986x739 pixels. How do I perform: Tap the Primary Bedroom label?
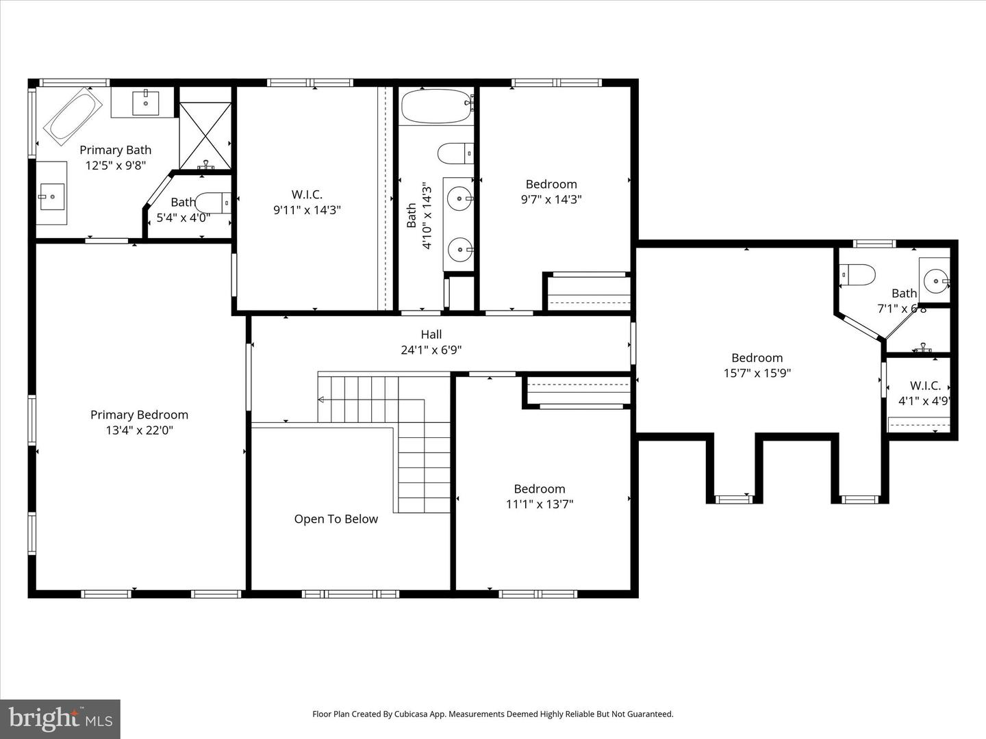[139, 415]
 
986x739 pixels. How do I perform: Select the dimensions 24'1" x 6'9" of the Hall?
[431, 350]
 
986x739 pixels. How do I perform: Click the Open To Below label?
[336, 519]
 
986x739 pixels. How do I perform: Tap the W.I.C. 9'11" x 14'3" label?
[307, 203]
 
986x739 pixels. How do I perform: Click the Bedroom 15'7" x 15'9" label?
[757, 365]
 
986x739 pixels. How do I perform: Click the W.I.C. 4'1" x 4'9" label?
[924, 393]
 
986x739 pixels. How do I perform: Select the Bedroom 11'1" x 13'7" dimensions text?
[540, 504]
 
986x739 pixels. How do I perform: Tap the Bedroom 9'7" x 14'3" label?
[551, 192]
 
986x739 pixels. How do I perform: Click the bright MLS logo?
[60, 718]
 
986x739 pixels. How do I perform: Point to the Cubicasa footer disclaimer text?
[493, 714]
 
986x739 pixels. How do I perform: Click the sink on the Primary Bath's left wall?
[51, 196]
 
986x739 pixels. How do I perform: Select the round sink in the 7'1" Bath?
[935, 280]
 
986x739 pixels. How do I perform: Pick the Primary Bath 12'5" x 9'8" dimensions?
[115, 165]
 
